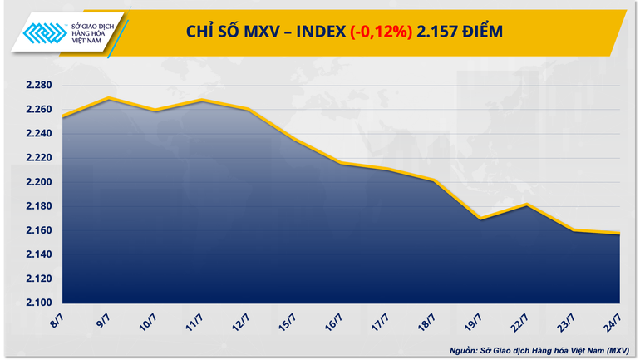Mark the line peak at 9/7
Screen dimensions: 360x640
[x=111, y=98]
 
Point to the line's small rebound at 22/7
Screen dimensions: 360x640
[x=525, y=204]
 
